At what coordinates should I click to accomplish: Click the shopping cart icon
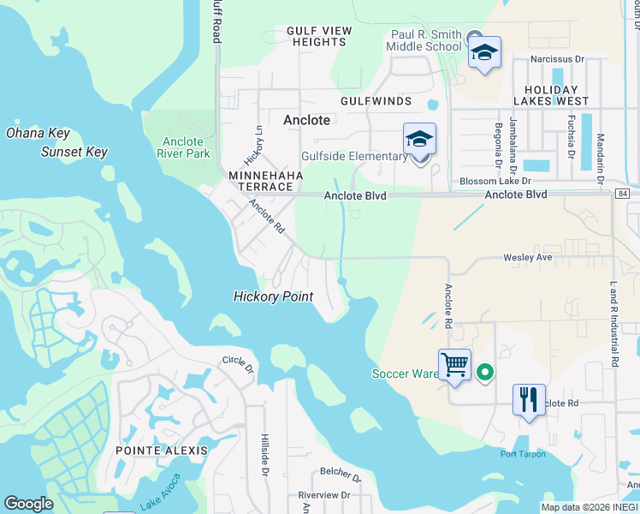(454, 365)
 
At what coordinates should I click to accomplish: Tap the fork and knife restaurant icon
(529, 400)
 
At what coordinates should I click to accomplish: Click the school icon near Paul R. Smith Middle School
(484, 52)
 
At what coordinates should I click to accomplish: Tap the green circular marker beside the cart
(484, 372)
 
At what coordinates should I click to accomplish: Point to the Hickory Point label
(274, 296)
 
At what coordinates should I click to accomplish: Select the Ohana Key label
(37, 133)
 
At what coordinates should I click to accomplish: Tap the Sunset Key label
(74, 152)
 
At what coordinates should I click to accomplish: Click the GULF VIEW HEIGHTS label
(319, 36)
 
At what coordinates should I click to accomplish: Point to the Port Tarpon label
(523, 454)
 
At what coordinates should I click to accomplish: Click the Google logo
(28, 503)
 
